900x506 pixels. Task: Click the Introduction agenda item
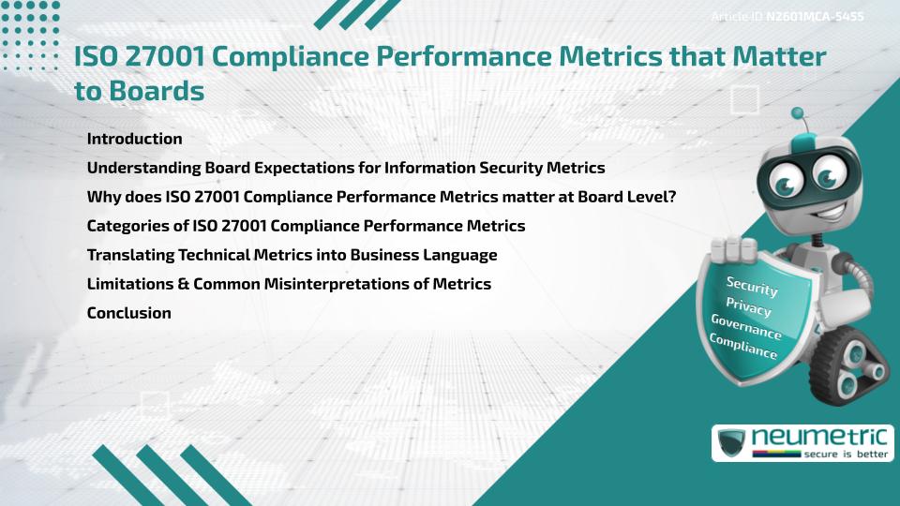(134, 139)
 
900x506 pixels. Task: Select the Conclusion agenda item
(128, 313)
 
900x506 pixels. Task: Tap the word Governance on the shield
(746, 327)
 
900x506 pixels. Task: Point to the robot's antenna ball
(798, 113)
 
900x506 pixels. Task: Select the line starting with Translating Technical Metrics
(292, 255)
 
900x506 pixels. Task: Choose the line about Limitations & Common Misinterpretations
(289, 284)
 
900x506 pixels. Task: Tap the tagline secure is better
(845, 453)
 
